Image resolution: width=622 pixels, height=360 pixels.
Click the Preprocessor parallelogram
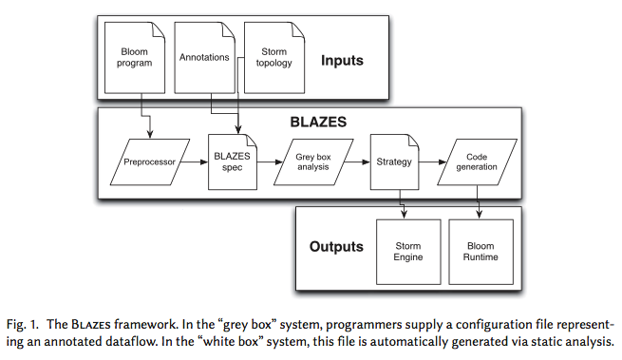[x=147, y=162]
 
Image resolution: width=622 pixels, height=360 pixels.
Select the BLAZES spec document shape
[x=231, y=162]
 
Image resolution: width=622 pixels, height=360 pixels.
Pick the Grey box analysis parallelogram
[x=310, y=162]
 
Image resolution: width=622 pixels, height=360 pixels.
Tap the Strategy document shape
[x=392, y=162]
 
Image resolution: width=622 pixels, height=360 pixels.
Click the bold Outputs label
[x=336, y=247]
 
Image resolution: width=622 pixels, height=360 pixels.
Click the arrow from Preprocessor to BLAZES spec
[x=195, y=162]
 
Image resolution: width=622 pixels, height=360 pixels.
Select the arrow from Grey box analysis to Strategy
[x=355, y=162]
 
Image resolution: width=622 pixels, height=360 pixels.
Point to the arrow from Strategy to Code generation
[x=429, y=162]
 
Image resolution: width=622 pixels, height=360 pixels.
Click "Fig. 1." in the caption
[x=28, y=324]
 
